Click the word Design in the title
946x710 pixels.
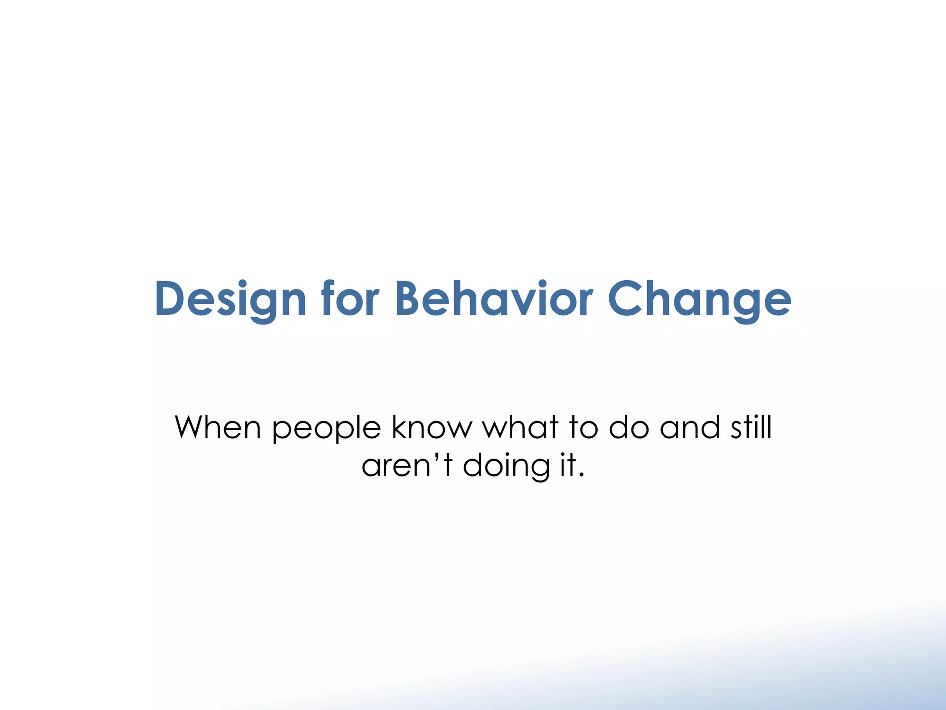click(x=230, y=299)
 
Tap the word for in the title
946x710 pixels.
click(x=350, y=299)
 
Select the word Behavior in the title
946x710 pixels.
click(x=493, y=299)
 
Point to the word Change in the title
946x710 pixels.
click(x=699, y=299)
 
